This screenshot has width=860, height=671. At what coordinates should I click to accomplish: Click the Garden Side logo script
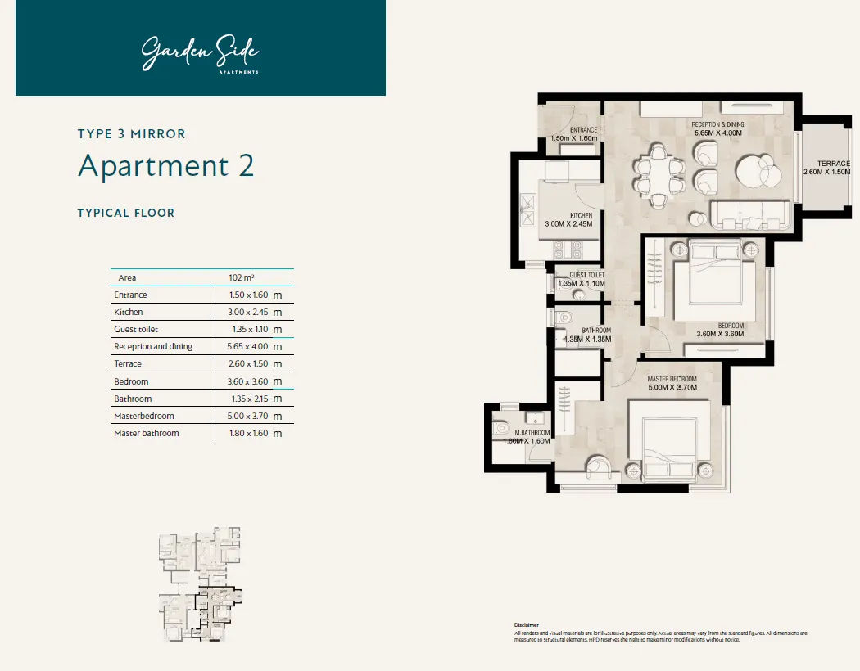tap(200, 53)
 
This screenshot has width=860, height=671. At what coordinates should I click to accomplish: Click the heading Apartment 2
tap(165, 166)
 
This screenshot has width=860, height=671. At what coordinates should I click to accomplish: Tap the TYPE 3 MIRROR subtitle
tap(131, 133)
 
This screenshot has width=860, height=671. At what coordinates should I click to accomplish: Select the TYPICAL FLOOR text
tap(125, 213)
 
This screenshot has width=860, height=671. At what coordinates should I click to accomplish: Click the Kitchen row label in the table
tap(128, 312)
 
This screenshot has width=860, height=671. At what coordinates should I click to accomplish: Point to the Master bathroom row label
tap(146, 433)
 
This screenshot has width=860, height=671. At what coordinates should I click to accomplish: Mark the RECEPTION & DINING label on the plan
tap(717, 125)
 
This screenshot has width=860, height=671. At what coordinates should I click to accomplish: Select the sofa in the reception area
tap(750, 214)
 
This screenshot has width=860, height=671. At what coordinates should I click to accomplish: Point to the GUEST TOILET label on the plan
tap(587, 276)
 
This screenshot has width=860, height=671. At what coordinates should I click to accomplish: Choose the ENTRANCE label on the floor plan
tap(584, 130)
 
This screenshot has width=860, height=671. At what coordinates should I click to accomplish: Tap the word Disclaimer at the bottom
tap(526, 624)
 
